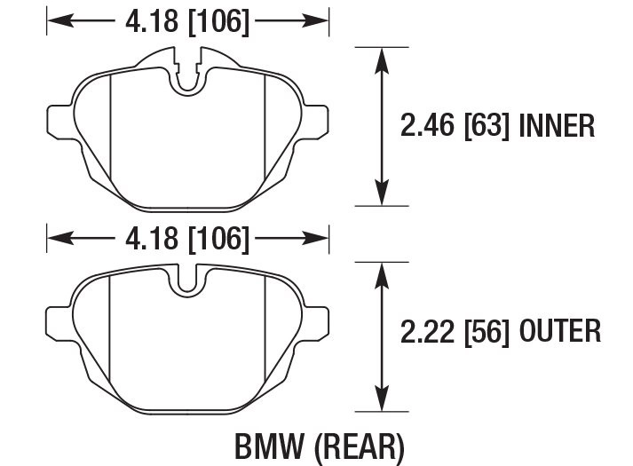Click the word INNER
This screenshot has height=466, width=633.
click(557, 126)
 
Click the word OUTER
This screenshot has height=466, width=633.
click(559, 333)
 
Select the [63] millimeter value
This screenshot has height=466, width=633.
click(485, 126)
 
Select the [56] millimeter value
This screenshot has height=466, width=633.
click(485, 333)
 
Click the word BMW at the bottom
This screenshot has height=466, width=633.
click(265, 446)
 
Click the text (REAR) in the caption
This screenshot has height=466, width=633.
click(355, 446)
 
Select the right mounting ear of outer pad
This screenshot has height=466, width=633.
click(317, 321)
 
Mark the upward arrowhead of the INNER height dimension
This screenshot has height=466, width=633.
click(382, 58)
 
